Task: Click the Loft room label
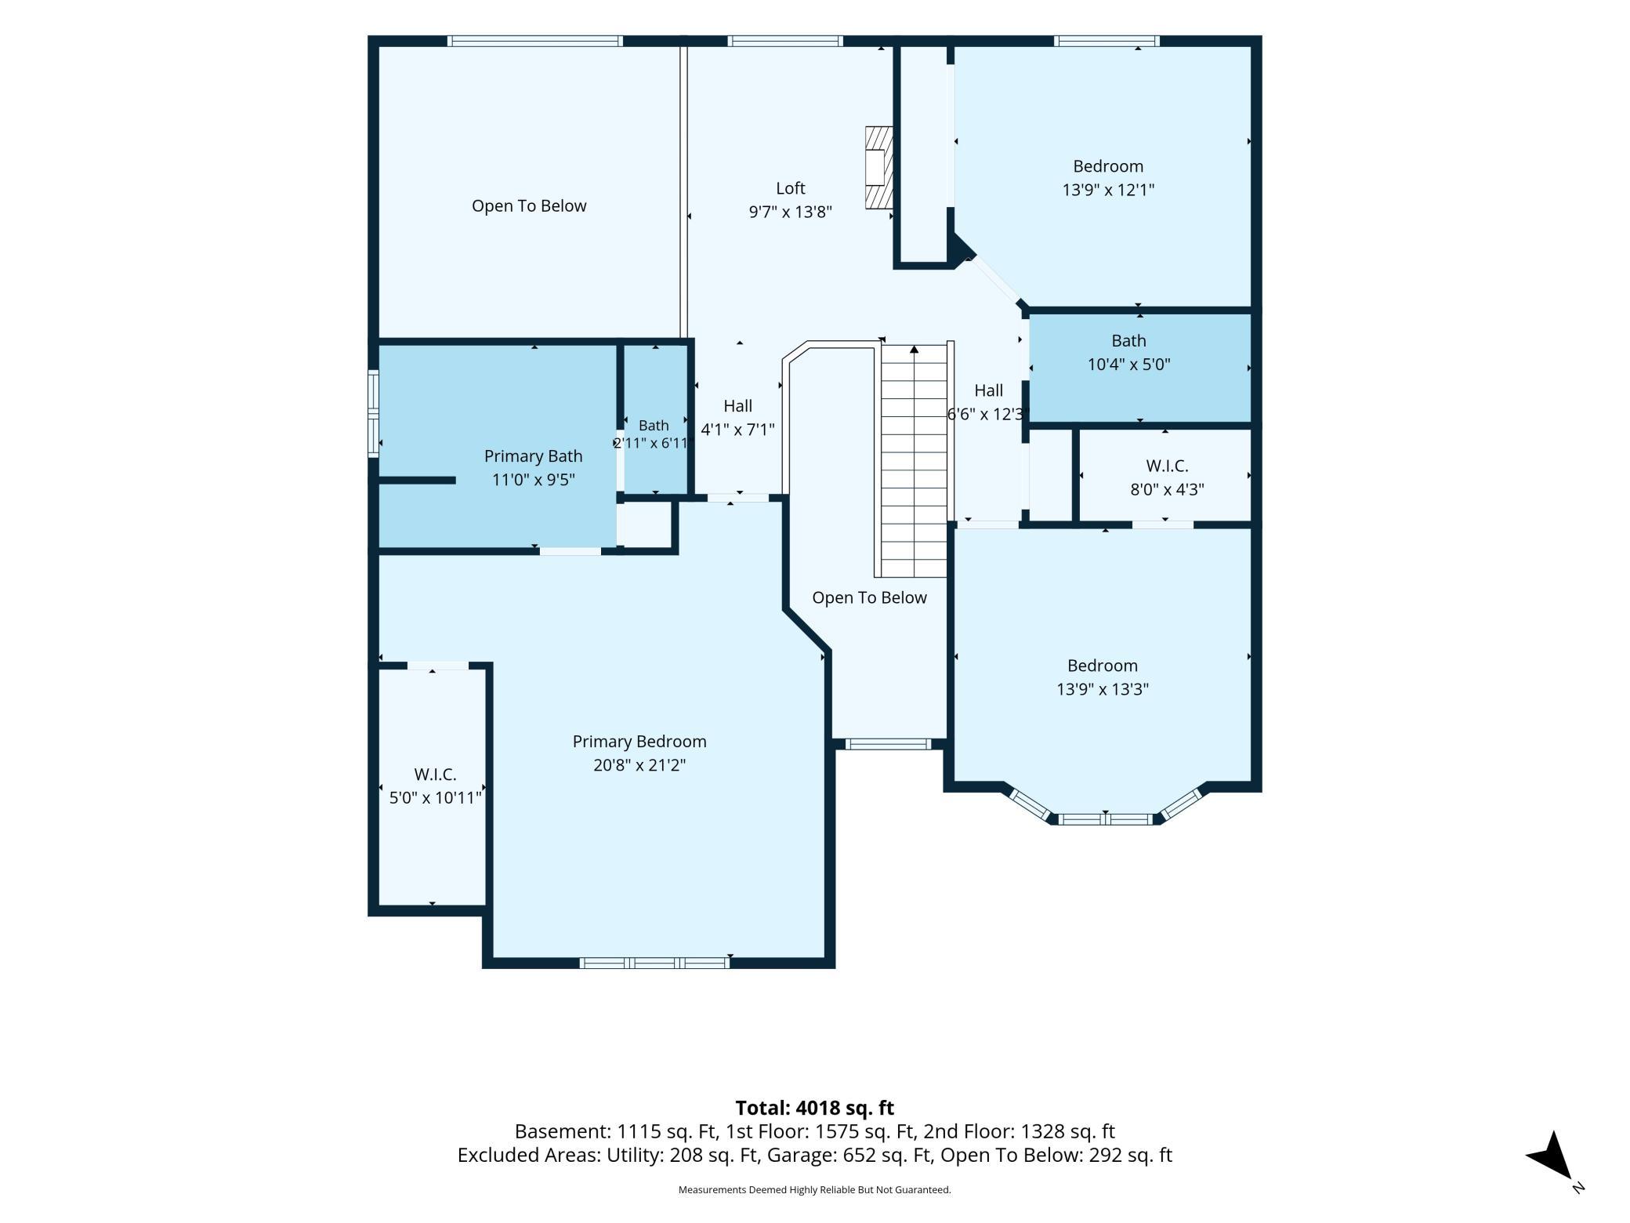coord(790,188)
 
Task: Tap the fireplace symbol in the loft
coord(878,168)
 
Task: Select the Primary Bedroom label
coord(639,742)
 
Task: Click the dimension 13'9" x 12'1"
coord(1108,190)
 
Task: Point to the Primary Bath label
coord(533,456)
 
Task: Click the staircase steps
coord(914,461)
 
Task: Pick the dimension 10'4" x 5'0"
coord(1128,365)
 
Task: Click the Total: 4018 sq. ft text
coord(814,1108)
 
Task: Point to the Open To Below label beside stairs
coord(869,597)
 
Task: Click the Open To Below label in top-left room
coord(529,205)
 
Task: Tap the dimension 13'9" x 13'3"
coord(1103,689)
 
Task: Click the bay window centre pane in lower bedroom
coord(1106,819)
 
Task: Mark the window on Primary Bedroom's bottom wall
coord(654,963)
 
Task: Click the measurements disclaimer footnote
coord(814,1190)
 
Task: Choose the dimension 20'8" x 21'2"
coord(639,765)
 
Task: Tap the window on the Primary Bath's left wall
coord(374,413)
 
